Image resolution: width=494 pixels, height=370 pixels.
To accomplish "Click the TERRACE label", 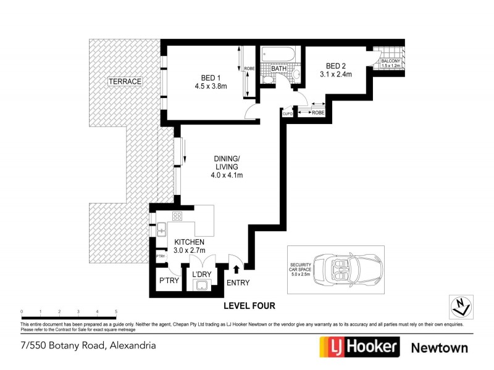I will point(125,81).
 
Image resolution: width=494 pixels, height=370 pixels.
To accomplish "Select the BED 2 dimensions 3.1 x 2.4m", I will point(335,75).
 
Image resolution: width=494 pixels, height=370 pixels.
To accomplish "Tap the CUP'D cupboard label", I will point(288,113).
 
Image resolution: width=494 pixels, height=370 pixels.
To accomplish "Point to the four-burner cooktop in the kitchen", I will point(177,216).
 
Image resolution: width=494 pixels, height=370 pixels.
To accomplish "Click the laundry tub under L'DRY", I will point(201,284).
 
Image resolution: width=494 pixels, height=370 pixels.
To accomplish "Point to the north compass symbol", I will point(460,305).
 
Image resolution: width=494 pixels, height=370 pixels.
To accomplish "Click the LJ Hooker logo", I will point(359,347).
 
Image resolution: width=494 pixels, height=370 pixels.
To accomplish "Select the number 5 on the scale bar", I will point(116,311).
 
